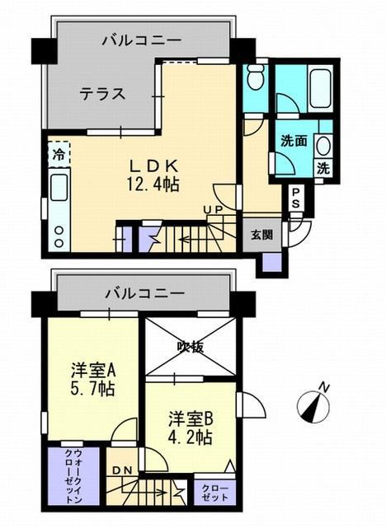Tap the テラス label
tap(102, 93)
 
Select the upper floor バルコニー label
tap(143, 38)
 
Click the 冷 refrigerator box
tap(59, 153)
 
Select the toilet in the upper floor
tap(255, 81)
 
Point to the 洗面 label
tap(294, 141)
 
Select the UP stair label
tap(214, 210)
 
